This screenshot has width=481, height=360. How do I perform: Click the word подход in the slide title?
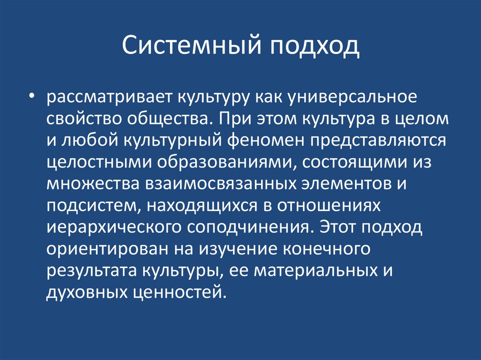click(x=315, y=47)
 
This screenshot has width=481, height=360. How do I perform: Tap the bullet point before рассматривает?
click(x=31, y=98)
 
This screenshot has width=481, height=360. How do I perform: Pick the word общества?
click(x=168, y=119)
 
